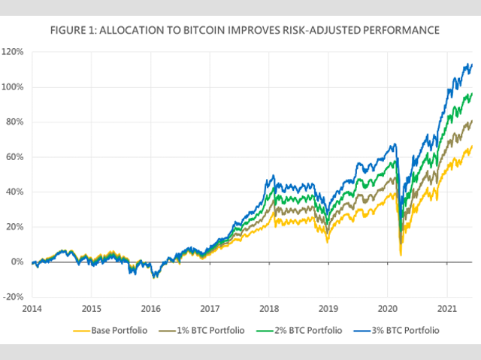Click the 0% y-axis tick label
[18, 262]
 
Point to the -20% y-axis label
[15, 297]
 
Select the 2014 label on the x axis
[32, 308]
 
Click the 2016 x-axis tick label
[150, 308]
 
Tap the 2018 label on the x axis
[269, 308]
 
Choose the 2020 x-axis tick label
[388, 308]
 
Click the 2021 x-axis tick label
[447, 308]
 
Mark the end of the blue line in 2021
[471, 64]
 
